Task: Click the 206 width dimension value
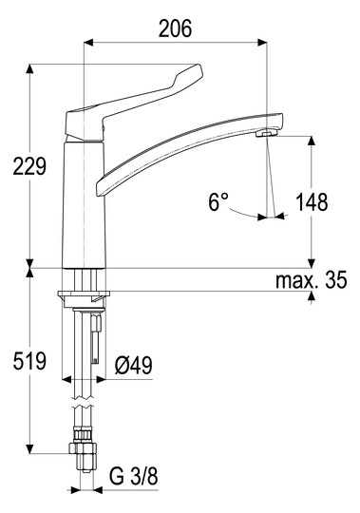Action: pos(176,28)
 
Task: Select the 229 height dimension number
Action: pos(29,166)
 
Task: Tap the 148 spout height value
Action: pos(312,201)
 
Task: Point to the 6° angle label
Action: pos(218,201)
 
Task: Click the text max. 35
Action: pos(312,280)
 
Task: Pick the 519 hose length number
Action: pos(29,361)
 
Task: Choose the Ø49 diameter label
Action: pos(134,365)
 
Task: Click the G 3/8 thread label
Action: pos(133,476)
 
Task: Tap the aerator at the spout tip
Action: pos(267,133)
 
